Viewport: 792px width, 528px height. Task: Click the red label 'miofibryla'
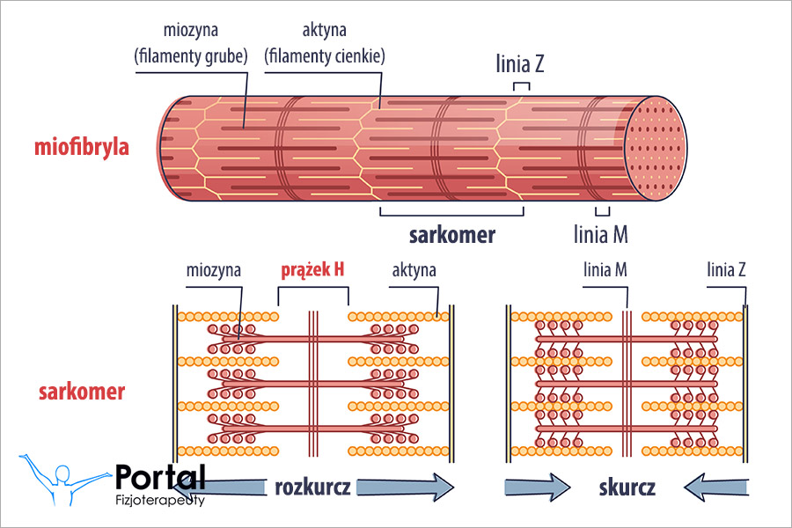point(82,146)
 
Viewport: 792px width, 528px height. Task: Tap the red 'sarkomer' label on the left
point(81,391)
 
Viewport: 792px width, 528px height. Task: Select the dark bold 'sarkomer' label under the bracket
point(452,235)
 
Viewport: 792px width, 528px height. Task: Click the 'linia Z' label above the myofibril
point(521,63)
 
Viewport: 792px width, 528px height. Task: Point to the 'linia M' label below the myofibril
point(600,235)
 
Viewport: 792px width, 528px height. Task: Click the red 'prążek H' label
point(312,270)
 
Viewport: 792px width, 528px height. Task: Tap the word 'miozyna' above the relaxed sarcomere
point(213,270)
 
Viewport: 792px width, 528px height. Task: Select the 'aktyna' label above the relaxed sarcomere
point(414,270)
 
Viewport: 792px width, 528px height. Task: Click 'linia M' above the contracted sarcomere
point(605,270)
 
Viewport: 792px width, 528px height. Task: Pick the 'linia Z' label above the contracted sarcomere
point(727,270)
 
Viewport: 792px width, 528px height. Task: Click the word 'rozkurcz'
point(312,488)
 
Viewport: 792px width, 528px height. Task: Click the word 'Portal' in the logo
point(160,477)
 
